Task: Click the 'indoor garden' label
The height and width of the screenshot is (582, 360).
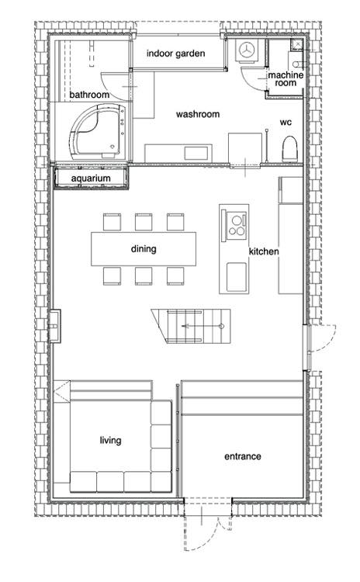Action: click(175, 54)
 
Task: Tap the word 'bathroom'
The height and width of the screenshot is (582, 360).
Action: click(89, 95)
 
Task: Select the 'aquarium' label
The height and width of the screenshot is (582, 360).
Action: click(91, 178)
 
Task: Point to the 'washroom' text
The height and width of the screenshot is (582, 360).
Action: click(198, 114)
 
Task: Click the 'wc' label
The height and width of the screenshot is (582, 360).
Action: click(286, 122)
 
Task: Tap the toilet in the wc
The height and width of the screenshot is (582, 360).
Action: click(290, 149)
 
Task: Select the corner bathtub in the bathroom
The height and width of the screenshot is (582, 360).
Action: click(99, 131)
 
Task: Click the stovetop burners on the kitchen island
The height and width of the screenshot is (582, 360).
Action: click(237, 224)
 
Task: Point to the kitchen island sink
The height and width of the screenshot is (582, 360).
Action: click(237, 276)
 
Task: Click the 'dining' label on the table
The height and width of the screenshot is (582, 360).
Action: click(144, 248)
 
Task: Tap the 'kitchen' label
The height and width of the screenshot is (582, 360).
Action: click(264, 251)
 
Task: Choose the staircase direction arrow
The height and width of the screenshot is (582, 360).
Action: click(202, 326)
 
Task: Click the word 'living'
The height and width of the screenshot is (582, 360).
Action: click(110, 441)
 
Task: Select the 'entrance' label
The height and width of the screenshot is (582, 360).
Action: click(242, 456)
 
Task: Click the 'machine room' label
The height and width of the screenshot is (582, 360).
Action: click(286, 79)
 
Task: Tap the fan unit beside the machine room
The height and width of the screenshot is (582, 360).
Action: click(246, 50)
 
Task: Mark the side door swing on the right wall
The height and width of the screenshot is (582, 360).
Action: click(323, 338)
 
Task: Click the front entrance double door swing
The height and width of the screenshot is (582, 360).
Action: click(208, 527)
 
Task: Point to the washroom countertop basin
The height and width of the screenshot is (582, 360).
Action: click(196, 154)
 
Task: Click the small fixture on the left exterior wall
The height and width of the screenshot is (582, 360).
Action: click(55, 326)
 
